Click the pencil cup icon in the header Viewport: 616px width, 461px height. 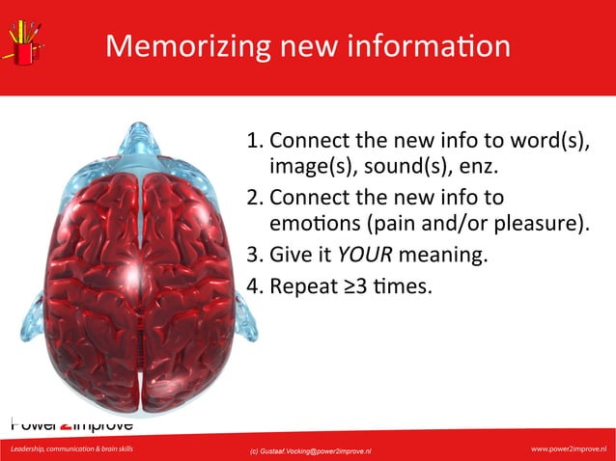[x=23, y=43]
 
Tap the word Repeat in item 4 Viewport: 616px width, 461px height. [x=301, y=286]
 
